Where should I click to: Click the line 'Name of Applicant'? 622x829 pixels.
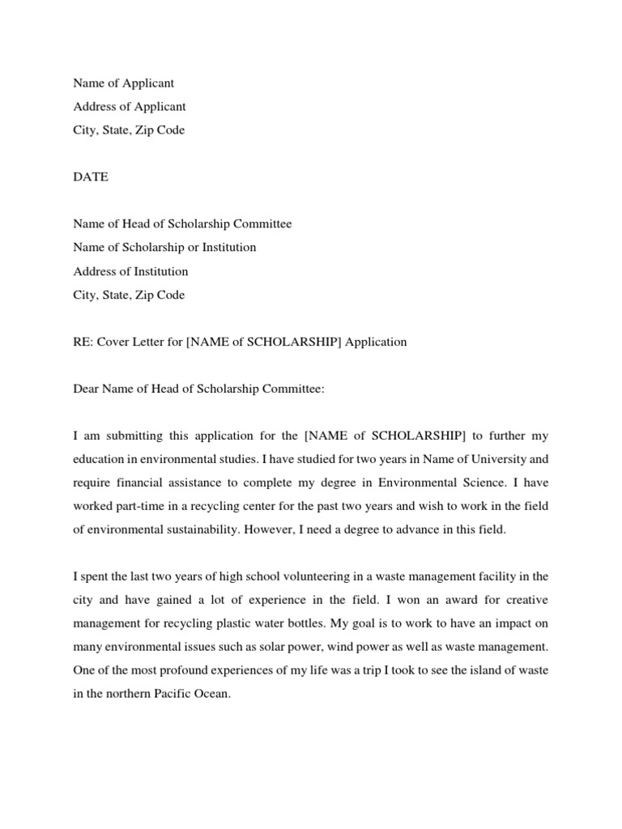[123, 83]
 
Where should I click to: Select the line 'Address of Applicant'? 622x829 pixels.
[130, 107]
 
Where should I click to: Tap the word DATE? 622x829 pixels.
[91, 177]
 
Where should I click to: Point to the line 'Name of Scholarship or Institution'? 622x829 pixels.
[164, 248]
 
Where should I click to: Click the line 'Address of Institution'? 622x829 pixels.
[130, 271]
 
